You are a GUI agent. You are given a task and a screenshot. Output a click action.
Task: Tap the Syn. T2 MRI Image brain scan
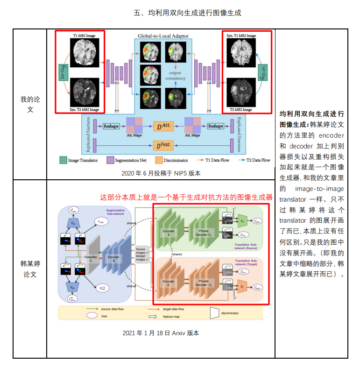[85, 92]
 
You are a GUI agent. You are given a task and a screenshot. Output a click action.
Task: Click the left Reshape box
[111, 126]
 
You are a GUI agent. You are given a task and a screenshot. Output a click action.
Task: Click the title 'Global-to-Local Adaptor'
[161, 35]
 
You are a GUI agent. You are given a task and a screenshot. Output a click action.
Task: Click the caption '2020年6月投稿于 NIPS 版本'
[161, 173]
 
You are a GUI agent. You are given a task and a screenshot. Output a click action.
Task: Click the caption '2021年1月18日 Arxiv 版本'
[161, 333]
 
